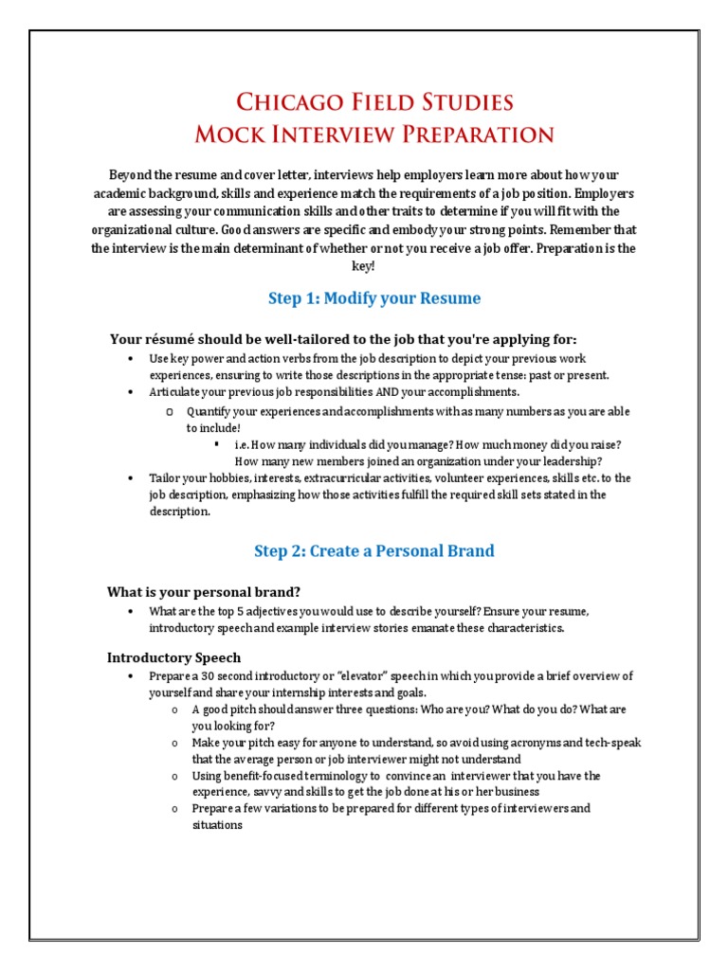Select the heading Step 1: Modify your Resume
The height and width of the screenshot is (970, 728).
coord(374,298)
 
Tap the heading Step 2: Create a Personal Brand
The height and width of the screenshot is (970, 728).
coord(374,550)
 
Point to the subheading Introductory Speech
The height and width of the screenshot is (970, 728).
coord(174,657)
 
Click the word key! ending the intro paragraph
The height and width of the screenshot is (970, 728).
coord(364,266)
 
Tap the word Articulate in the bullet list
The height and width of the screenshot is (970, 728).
coord(174,391)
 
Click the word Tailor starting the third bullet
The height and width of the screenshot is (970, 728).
coord(164,477)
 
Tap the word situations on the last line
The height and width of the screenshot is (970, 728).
coord(217,825)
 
